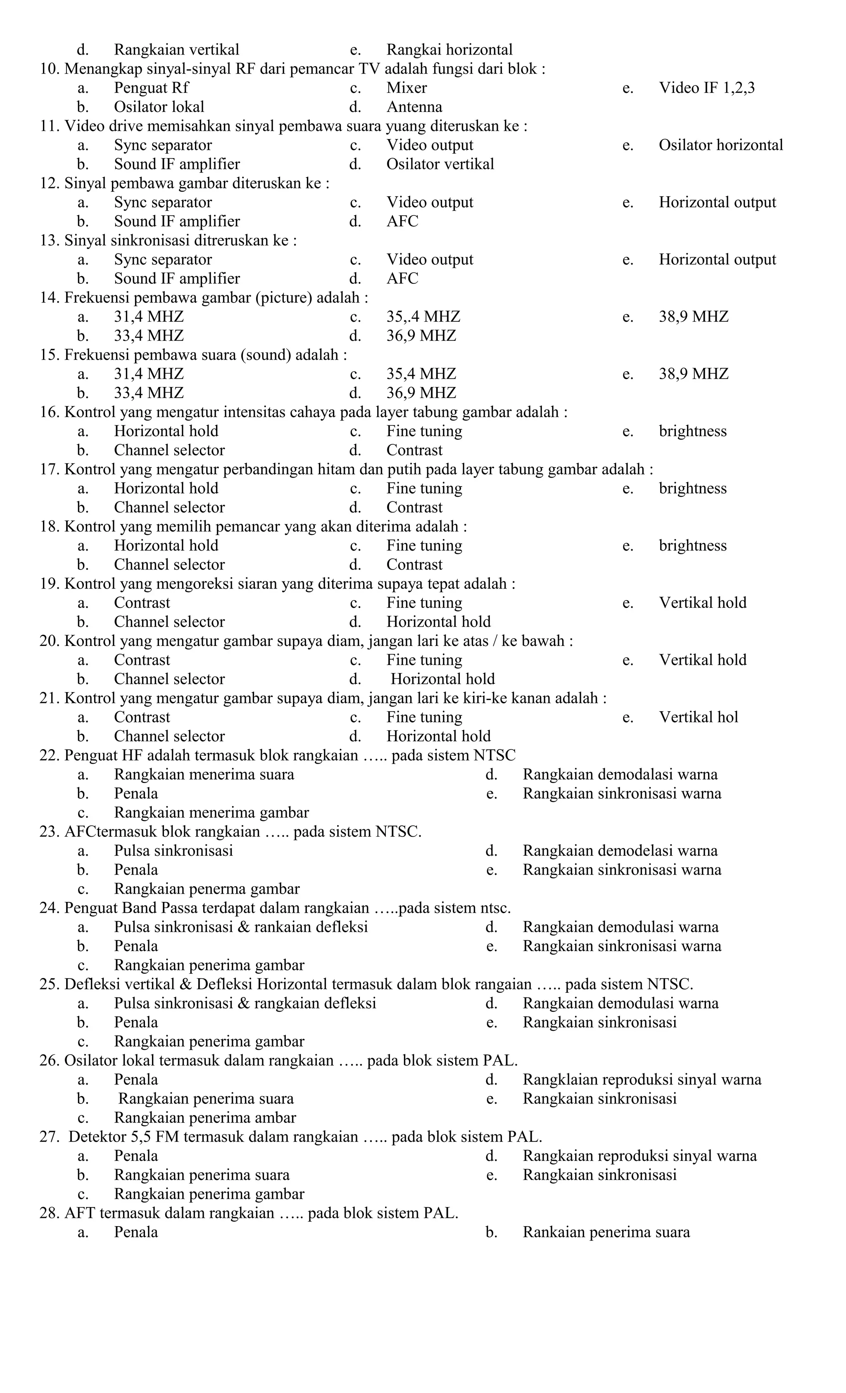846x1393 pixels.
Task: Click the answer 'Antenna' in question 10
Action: tap(414, 107)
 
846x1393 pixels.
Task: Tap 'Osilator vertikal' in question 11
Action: tap(440, 164)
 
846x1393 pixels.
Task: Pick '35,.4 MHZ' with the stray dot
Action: tap(423, 317)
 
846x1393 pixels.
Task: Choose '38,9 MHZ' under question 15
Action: tap(693, 374)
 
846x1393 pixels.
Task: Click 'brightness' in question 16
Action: tap(692, 431)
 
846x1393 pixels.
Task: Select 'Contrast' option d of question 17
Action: tap(414, 507)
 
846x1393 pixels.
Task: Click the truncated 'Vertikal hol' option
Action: tap(699, 717)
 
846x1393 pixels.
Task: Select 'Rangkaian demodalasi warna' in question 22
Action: tap(620, 774)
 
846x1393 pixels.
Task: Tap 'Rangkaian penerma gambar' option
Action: tap(207, 889)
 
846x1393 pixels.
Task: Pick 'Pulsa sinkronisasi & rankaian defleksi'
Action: tap(241, 927)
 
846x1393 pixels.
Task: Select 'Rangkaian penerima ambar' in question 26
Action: tap(205, 1117)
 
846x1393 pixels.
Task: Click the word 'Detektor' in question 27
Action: tap(98, 1137)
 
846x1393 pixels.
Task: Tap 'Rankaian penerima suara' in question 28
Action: tap(606, 1232)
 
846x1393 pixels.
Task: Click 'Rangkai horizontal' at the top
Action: tap(449, 50)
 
